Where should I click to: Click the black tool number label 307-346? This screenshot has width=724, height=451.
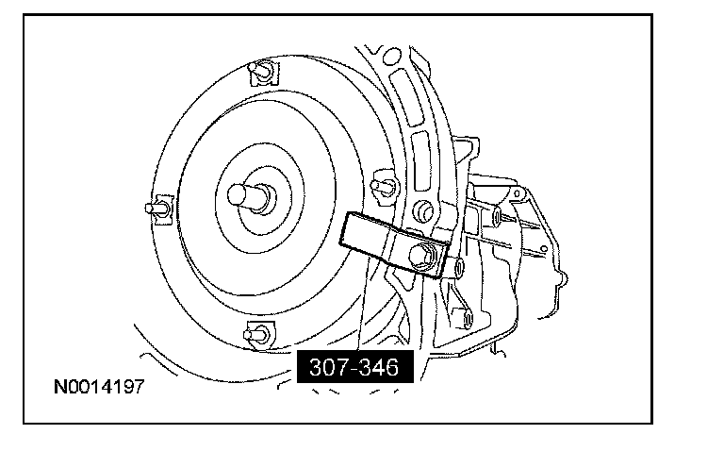[354, 367]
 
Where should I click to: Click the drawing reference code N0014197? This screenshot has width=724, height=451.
[99, 386]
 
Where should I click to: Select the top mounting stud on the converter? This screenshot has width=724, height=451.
[263, 72]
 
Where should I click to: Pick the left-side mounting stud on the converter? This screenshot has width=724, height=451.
[158, 209]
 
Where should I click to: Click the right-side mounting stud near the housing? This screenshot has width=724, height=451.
[385, 186]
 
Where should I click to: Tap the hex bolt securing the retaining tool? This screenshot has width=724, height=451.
[421, 255]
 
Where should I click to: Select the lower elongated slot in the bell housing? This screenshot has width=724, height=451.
[421, 160]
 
